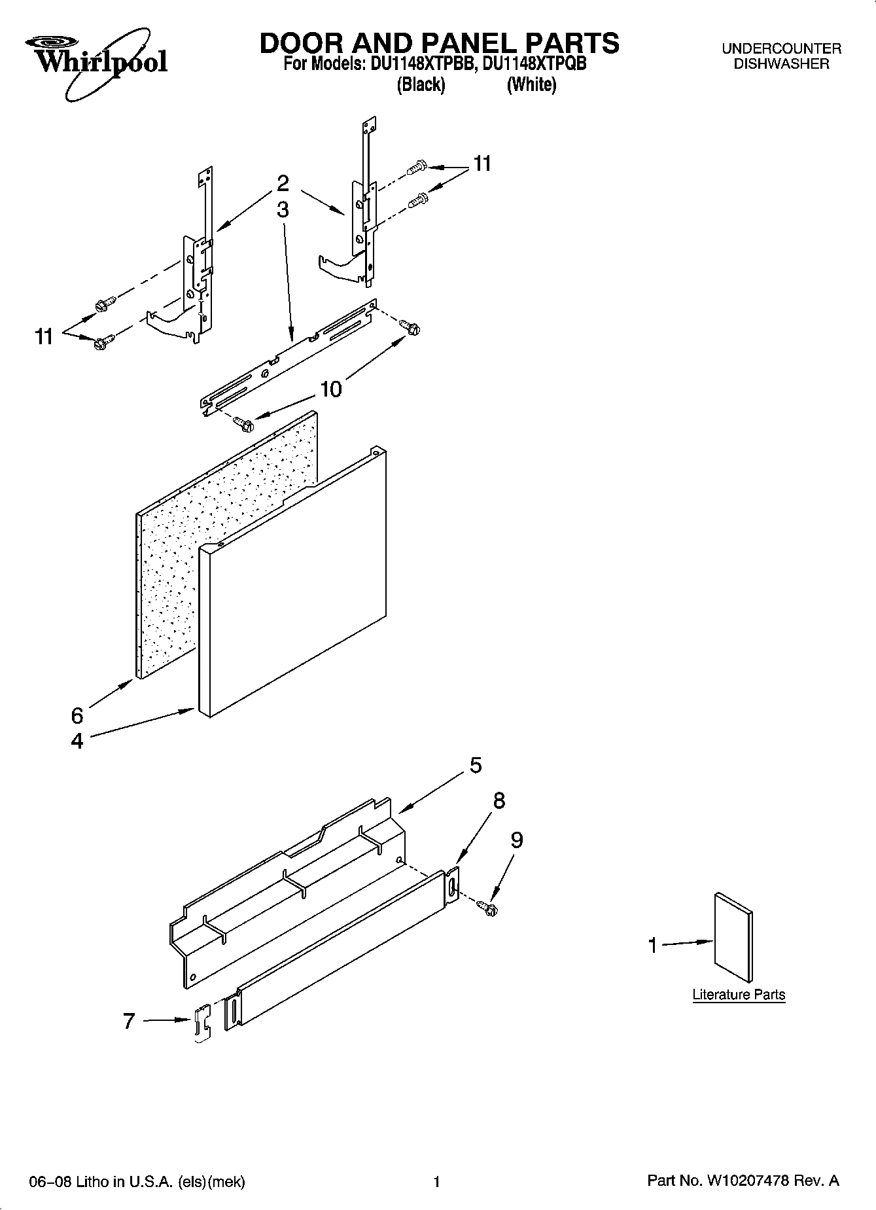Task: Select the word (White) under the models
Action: [531, 85]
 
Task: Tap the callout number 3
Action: [283, 209]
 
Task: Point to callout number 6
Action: [77, 716]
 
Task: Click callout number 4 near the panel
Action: [77, 741]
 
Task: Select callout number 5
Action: [476, 764]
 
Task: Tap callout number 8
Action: [499, 800]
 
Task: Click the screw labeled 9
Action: [488, 906]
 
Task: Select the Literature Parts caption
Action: [739, 995]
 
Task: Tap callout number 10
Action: [331, 389]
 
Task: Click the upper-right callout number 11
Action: [482, 164]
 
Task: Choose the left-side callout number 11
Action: [44, 337]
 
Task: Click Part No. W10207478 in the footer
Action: [743, 1181]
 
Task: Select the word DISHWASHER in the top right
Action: [781, 64]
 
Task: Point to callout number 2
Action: [283, 183]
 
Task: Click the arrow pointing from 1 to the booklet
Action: [687, 944]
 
